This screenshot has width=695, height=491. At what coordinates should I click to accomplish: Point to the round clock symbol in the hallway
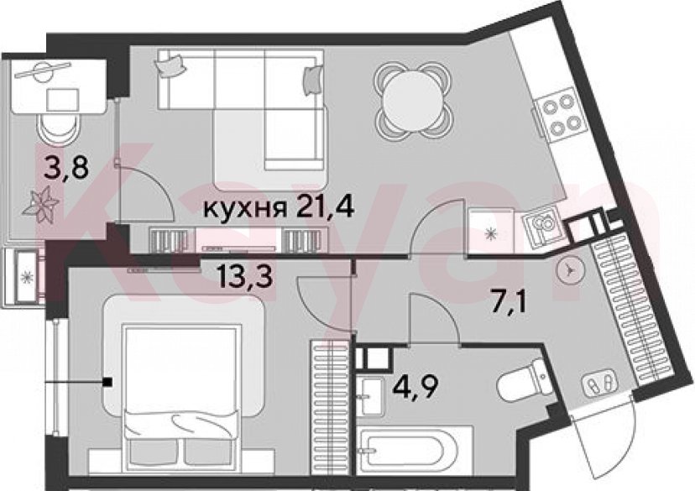click(x=569, y=269)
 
